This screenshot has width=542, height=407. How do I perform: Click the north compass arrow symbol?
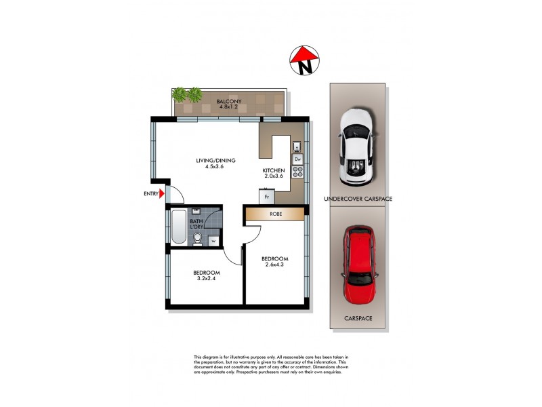coord(304,60)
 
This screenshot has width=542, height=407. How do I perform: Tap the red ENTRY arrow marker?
coord(162,194)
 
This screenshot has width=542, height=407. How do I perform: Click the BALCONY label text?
coord(228,102)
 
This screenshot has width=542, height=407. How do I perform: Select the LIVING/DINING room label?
coord(215,161)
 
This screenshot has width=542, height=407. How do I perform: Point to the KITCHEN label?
coord(274,170)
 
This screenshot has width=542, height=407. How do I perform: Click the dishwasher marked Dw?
coord(297,159)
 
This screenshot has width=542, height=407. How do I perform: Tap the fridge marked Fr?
coord(266,196)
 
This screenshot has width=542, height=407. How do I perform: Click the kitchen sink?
coord(297,146)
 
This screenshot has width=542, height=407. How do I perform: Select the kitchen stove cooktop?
coord(297,172)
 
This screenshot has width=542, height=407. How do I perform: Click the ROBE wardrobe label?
coord(275,214)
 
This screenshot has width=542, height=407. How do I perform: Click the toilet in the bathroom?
coord(197,238)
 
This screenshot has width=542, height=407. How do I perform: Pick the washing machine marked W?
coord(213,240)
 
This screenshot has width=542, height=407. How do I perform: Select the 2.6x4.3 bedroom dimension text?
coord(275,265)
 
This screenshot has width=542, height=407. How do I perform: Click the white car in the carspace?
coord(356,146)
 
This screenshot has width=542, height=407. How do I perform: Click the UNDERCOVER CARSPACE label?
coord(358,199)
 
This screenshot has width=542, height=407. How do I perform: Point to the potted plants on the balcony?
coord(187,94)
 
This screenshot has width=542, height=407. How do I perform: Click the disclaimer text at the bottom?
coord(271,365)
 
